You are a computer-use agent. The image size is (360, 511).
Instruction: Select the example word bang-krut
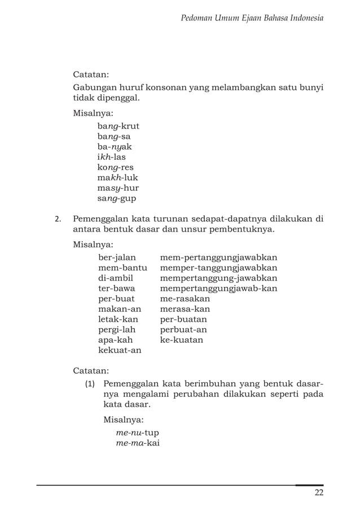pyautogui.click(x=118, y=126)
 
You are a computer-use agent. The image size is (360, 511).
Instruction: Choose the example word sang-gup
pyautogui.click(x=117, y=198)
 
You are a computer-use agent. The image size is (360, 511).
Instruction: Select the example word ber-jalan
pyautogui.click(x=117, y=257)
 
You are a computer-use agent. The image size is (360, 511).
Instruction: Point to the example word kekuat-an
pyautogui.click(x=120, y=350)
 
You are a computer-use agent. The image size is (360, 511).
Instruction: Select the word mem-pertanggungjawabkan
pyautogui.click(x=218, y=257)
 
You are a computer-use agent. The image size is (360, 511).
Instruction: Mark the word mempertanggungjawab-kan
pyautogui.click(x=218, y=289)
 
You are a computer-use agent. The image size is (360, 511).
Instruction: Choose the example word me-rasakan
pyautogui.click(x=185, y=299)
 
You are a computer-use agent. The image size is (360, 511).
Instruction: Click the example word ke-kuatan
pyautogui.click(x=182, y=340)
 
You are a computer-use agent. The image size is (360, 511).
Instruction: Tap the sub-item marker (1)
pyautogui.click(x=90, y=383)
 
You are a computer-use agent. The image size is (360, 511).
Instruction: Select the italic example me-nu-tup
pyautogui.click(x=137, y=433)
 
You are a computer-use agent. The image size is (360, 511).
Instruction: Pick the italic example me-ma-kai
pyautogui.click(x=138, y=443)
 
